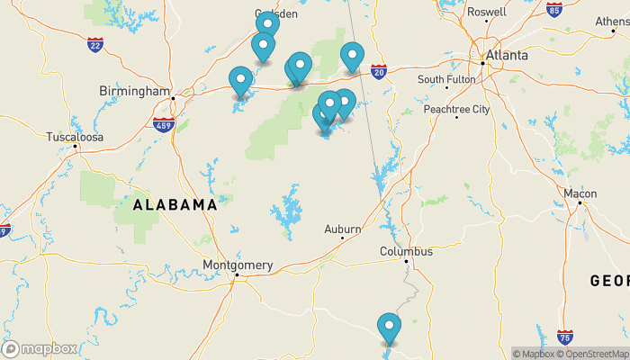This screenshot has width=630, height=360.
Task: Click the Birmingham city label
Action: point(134,92)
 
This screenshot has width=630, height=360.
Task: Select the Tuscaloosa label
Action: point(76,138)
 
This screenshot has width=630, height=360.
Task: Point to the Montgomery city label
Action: point(238,265)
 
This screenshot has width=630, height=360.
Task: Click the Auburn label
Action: point(343,229)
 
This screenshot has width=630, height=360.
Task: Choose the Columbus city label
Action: point(406,252)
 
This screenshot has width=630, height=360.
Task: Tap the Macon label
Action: point(580,193)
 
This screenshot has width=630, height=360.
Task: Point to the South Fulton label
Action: point(446,80)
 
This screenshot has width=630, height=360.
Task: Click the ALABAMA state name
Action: point(175,205)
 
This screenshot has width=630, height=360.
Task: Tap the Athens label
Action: point(612,22)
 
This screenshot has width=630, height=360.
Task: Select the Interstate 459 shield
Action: point(163,125)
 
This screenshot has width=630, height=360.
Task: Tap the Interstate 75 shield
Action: point(565,338)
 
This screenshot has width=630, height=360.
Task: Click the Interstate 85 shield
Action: point(554,10)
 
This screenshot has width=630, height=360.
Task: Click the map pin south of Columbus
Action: point(389,328)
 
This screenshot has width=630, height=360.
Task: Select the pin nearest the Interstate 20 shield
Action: point(352,58)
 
